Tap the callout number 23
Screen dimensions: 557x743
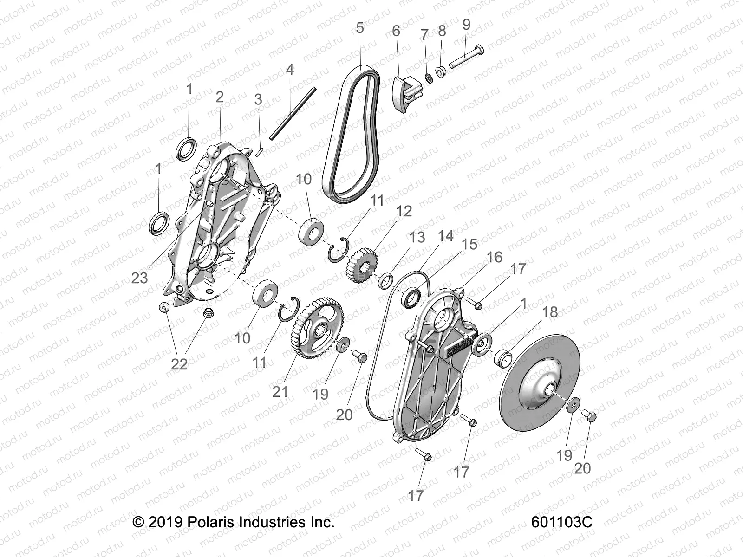(139, 278)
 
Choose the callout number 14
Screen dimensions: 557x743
(445, 236)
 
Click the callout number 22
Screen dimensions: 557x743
(179, 364)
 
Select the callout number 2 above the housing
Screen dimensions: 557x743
(219, 97)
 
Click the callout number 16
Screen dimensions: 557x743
(494, 257)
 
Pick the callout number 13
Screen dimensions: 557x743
(417, 237)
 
